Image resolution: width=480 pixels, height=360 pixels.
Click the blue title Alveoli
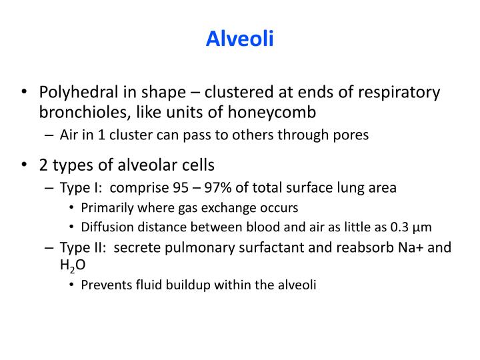tap(240, 40)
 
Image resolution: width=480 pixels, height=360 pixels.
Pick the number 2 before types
tap(43, 164)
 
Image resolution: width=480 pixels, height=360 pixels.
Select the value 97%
tap(207, 188)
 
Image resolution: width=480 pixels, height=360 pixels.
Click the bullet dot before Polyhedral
tap(25, 93)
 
